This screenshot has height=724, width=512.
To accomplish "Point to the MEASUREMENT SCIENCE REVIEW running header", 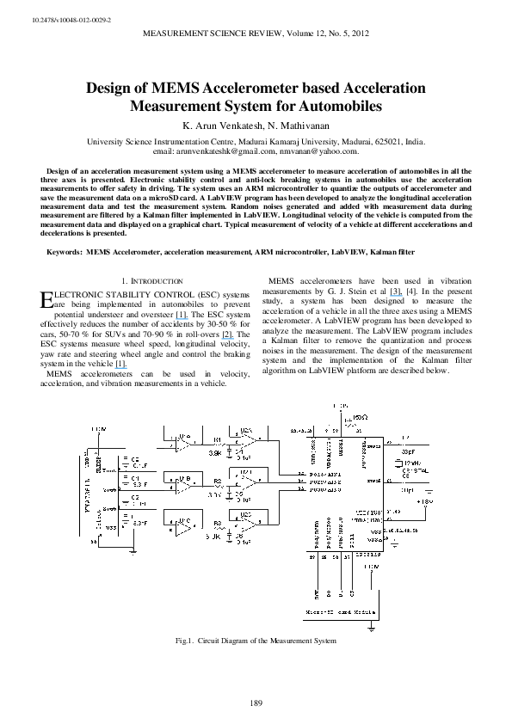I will [x=256, y=34].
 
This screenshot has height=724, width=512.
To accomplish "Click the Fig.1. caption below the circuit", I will [x=256, y=641].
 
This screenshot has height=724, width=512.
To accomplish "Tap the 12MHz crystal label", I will [x=412, y=464].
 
